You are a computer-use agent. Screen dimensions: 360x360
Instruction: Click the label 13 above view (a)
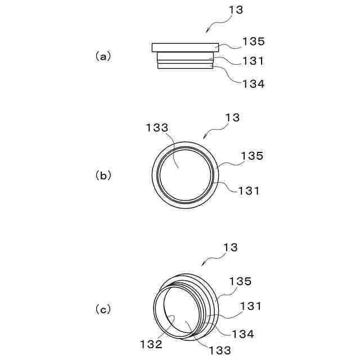(x=236, y=10)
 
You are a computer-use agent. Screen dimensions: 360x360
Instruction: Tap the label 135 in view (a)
(x=254, y=42)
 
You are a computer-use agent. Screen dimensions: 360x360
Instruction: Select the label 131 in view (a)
(x=253, y=61)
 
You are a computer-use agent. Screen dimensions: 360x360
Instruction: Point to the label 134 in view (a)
(x=254, y=84)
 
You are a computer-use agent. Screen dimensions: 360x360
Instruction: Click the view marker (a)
(x=103, y=56)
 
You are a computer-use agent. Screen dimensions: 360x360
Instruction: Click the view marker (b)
(x=103, y=175)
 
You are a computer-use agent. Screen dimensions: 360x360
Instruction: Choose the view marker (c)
(x=103, y=309)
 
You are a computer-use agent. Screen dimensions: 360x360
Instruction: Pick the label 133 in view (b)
(x=157, y=128)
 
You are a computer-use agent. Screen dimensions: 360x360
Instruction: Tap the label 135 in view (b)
(x=251, y=156)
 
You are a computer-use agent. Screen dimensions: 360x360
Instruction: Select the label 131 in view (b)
(x=249, y=191)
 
